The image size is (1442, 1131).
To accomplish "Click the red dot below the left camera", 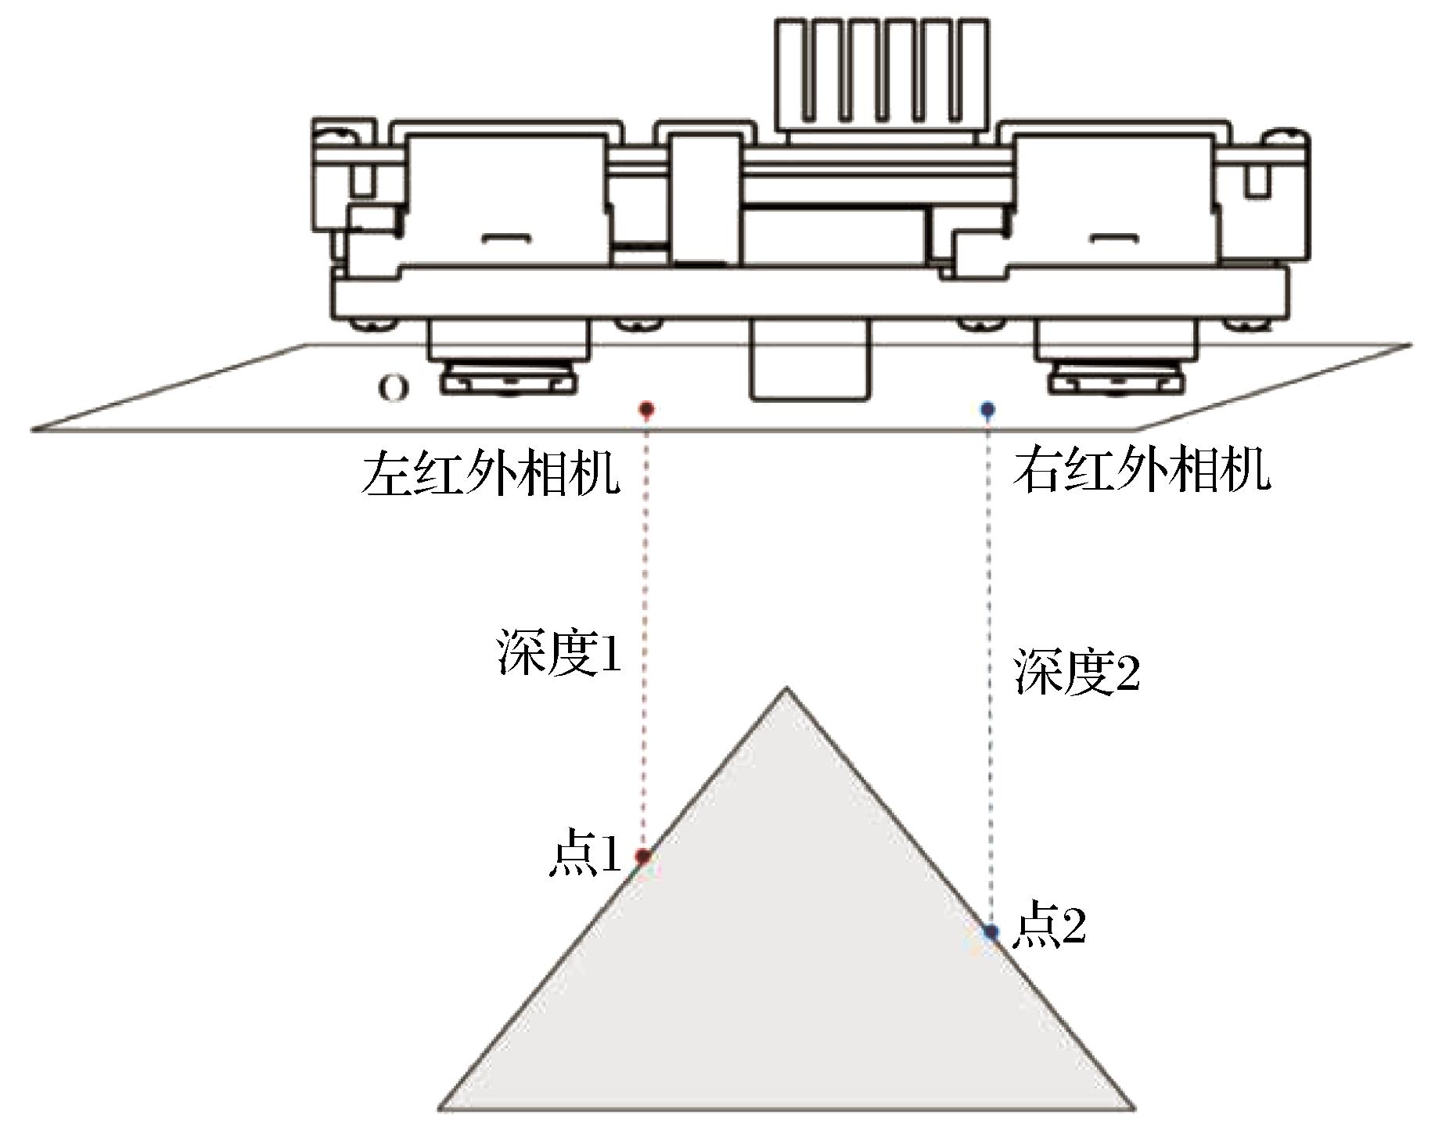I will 646,408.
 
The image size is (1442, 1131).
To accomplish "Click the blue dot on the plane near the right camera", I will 988,408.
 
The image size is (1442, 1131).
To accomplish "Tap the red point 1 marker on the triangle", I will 643,857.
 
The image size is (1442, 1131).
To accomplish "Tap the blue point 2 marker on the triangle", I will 991,932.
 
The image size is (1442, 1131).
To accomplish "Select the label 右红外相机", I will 1142,470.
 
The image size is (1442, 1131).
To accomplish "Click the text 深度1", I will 559,653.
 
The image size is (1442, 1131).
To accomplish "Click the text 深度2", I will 1077,671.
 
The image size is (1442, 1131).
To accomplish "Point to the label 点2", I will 1049,925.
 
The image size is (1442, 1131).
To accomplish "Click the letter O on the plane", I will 393,389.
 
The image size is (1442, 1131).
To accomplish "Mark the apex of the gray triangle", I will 787,689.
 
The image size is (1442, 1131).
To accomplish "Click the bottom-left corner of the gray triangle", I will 440,1108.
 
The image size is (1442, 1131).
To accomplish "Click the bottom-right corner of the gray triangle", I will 1133,1108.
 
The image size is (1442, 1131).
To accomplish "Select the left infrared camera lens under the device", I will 508,378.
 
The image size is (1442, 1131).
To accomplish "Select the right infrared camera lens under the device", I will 1116,378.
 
